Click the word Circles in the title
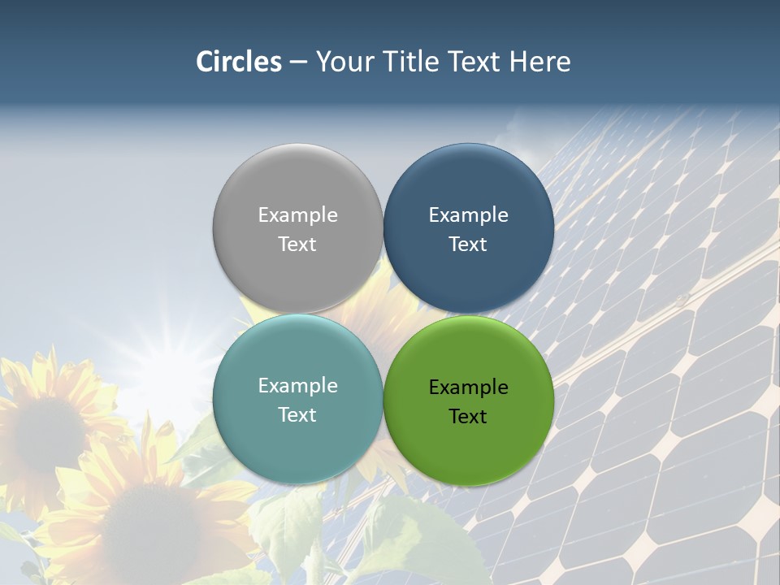point(239,62)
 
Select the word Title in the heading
point(413,62)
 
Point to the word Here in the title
point(539,62)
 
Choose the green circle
point(469,444)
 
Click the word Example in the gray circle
point(297,215)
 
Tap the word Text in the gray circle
point(297,245)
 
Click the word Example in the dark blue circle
point(469,215)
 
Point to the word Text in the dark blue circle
point(469,245)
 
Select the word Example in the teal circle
point(297,386)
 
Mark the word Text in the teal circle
point(297,415)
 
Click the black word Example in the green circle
point(469,388)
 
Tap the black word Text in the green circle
point(469,417)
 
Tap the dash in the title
point(298,63)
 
